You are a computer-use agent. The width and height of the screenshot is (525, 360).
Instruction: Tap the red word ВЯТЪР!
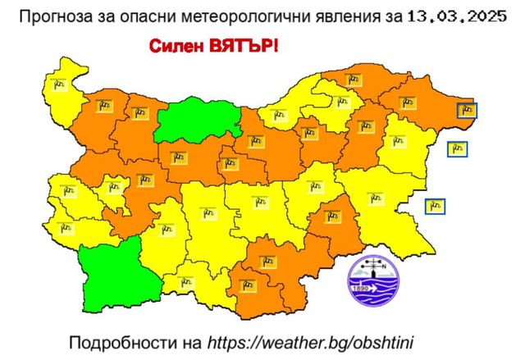coord(242,46)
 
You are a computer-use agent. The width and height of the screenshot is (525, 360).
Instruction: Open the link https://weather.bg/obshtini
coord(322,340)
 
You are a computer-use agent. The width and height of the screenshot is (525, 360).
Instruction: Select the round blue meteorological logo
coord(373,280)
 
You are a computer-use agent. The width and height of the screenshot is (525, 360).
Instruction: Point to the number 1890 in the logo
coord(359,289)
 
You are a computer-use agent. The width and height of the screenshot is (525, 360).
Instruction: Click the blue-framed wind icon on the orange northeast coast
coord(467,109)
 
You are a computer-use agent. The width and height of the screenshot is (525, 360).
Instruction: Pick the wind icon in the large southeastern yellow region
coord(378,197)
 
